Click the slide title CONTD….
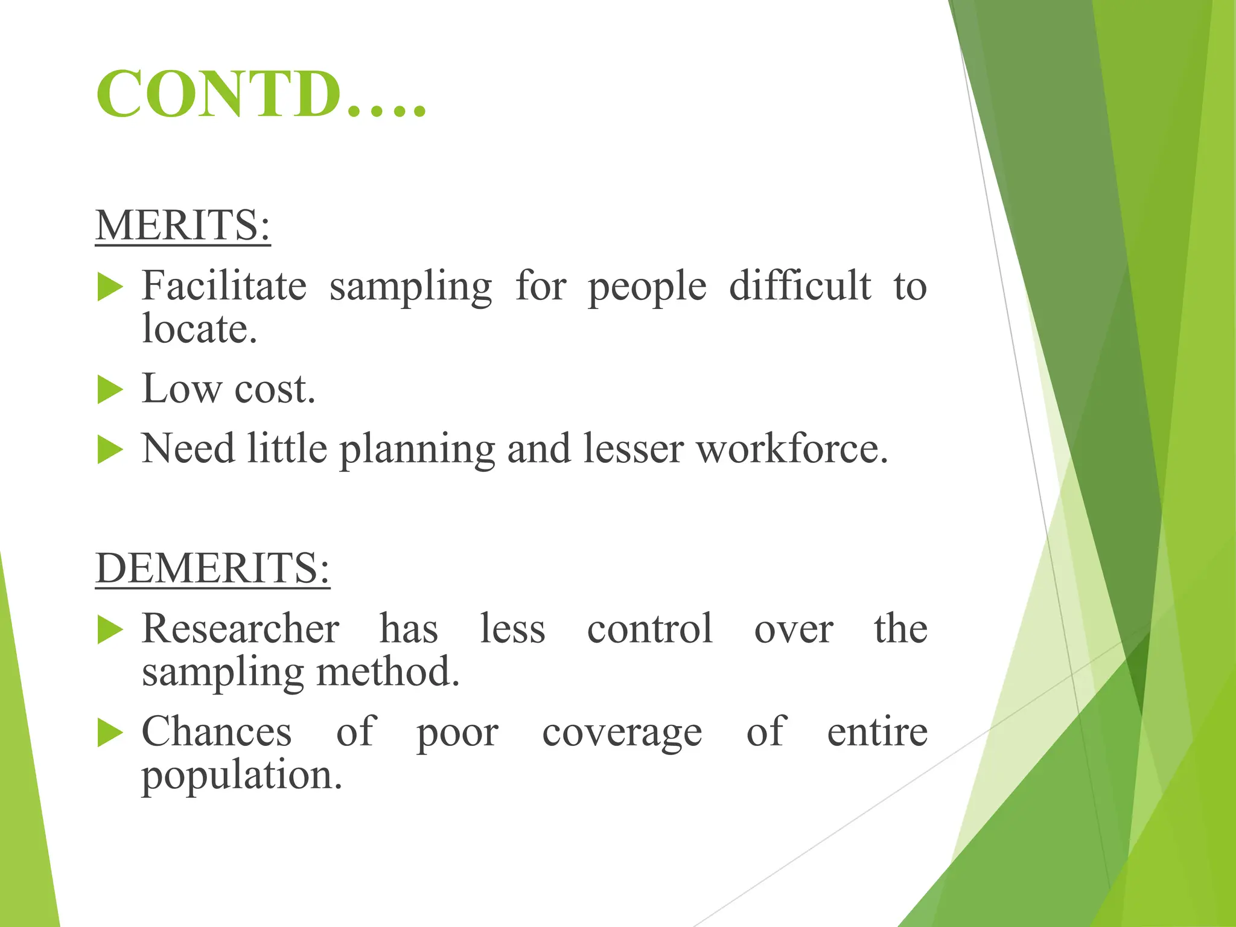tap(261, 95)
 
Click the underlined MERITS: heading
tap(183, 225)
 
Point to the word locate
tap(199, 329)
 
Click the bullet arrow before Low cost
tap(110, 389)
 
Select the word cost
tap(275, 389)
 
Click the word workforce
tap(792, 450)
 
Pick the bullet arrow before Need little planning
tap(110, 450)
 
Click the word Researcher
tap(240, 629)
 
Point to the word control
tap(650, 629)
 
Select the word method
tap(388, 672)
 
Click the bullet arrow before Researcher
tap(110, 630)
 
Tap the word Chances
tap(217, 732)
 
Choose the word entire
tap(877, 732)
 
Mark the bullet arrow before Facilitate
tap(110, 287)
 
